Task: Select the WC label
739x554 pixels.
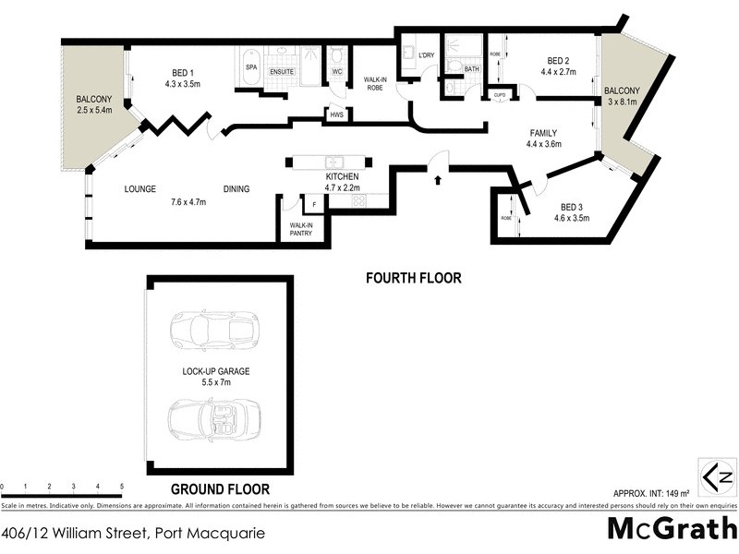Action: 337,71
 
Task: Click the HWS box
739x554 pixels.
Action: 336,114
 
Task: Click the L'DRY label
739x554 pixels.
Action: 426,56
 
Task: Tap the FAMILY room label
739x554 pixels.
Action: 542,133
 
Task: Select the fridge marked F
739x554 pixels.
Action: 314,204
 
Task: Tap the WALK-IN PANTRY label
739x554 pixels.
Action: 301,229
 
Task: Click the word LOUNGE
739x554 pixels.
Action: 140,189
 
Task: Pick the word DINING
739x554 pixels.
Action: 236,189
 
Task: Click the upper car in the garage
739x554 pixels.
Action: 214,330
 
